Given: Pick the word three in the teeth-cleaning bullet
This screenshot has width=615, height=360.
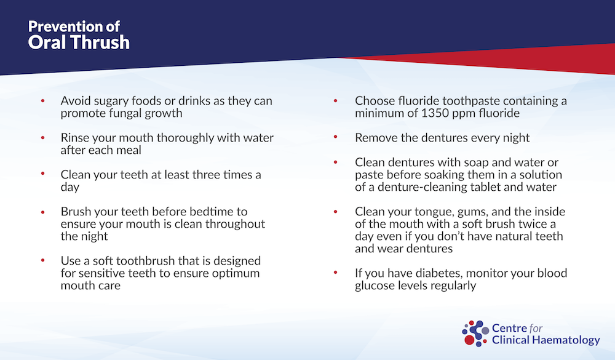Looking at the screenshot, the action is point(207,175).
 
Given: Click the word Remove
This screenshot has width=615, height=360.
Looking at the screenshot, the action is point(373,138).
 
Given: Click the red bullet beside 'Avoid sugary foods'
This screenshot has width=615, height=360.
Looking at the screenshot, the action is point(43,102).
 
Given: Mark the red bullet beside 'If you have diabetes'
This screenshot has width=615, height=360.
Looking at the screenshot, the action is point(335,273).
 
